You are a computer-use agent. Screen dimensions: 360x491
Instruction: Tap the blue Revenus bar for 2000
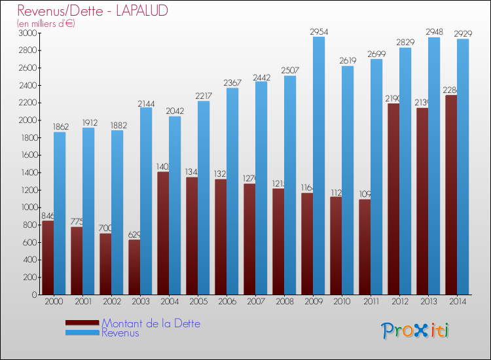coord(60,213)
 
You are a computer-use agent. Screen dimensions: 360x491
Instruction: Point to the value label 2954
coord(319,31)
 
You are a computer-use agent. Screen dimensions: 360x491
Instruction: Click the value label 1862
coord(60,127)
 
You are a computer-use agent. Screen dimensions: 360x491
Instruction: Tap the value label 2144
coord(146,103)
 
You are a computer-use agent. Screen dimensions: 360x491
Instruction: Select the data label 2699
coord(376,54)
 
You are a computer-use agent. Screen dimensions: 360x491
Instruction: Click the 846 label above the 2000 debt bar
coord(48,215)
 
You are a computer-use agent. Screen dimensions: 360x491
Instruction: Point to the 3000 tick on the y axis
coord(28,33)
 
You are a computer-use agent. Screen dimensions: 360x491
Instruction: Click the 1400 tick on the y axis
coord(28,172)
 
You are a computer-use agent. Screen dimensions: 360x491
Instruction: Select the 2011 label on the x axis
coord(370,302)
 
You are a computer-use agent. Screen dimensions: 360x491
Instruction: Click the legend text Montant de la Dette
coord(151,323)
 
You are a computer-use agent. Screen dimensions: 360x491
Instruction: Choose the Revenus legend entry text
coord(120,333)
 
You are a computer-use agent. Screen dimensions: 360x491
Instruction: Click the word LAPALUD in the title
coord(139,11)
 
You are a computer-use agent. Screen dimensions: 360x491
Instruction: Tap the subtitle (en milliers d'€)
coord(46,24)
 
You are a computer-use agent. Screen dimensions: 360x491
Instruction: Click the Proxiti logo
coord(415,331)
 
